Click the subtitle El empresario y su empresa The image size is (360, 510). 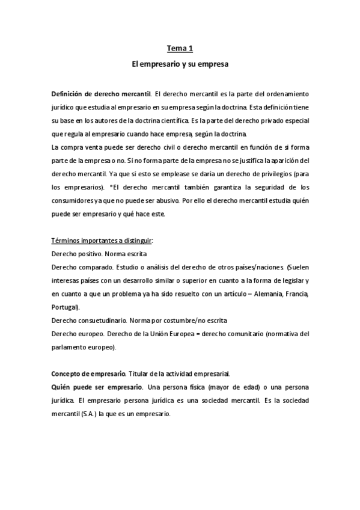180,62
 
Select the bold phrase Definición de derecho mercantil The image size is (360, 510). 101,94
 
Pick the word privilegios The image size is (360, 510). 273,174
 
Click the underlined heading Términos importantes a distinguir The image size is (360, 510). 102,241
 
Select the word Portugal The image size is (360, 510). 66,307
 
